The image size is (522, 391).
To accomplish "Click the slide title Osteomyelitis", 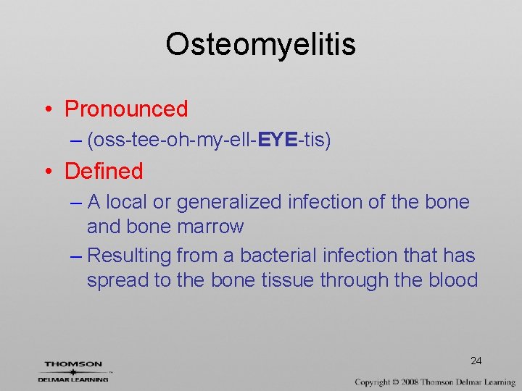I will click(260, 45).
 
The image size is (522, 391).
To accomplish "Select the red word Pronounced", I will click(126, 109).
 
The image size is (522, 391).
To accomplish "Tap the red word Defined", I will click(104, 172).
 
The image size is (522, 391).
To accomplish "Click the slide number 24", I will click(476, 361).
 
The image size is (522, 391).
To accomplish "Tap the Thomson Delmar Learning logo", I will click(73, 370).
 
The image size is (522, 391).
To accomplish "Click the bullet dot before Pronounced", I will click(47, 110).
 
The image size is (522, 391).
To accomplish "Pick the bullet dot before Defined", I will click(47, 172).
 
